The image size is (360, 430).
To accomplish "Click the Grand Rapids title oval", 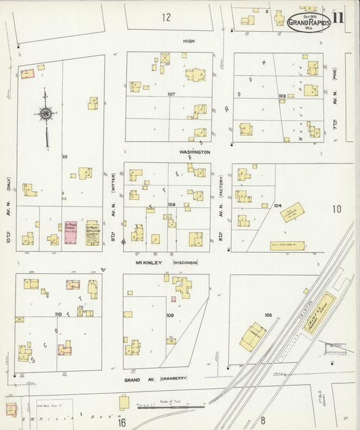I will click(309, 22).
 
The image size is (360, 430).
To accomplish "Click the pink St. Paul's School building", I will click(70, 232).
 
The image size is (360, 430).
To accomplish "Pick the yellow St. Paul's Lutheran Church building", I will click(92, 233).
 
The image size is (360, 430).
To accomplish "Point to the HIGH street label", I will click(188, 41).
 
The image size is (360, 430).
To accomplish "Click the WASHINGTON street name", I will click(195, 152).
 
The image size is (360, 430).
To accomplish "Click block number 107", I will click(172, 94).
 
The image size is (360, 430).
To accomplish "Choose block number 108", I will click(172, 204).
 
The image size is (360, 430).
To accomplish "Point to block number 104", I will click(278, 204).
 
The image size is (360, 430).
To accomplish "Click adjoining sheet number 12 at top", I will click(166, 17).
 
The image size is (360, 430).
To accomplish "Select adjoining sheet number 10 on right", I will click(337, 210).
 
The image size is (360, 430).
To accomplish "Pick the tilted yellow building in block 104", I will click(292, 214).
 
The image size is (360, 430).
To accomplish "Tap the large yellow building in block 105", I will click(253, 336).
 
